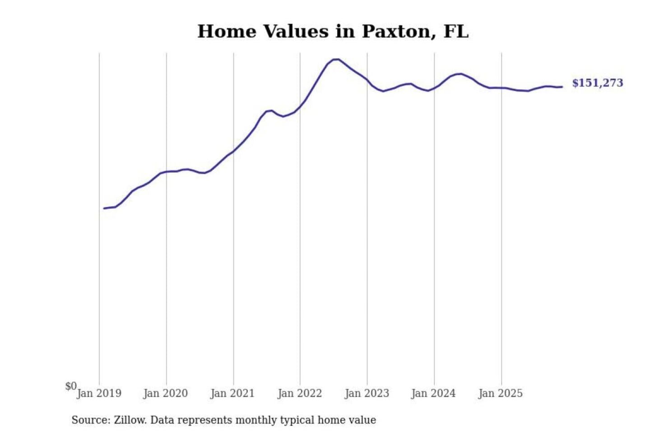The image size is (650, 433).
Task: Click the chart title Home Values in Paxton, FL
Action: [333, 32]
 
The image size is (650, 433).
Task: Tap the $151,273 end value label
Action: [597, 83]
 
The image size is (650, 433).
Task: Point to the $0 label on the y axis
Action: [71, 386]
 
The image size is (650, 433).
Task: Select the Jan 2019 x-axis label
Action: [99, 393]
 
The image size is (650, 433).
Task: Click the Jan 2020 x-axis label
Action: [165, 393]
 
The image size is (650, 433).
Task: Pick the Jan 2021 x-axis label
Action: [232, 393]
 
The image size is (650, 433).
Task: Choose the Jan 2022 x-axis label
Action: [300, 393]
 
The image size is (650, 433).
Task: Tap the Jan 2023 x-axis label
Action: [367, 393]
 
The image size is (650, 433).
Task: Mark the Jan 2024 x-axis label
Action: [433, 393]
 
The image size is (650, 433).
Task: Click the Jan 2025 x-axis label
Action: [500, 393]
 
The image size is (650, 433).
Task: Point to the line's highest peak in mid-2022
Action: [336, 59]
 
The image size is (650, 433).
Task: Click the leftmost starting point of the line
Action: [104, 208]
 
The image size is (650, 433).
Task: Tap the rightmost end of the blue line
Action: [562, 87]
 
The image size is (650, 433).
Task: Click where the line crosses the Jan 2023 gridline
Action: [367, 80]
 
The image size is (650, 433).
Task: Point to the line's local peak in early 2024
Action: [460, 74]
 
